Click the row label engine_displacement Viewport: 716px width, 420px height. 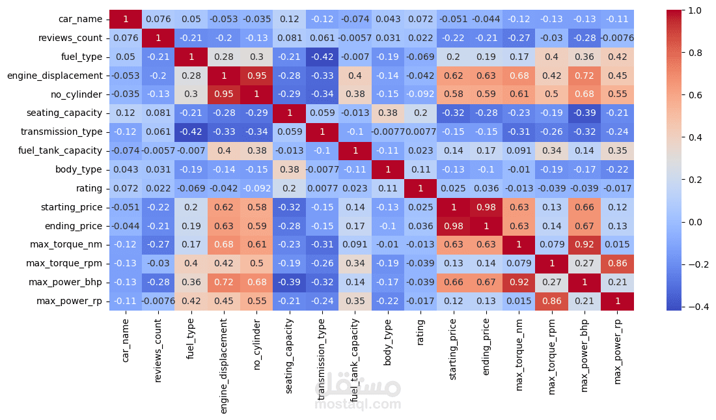55,76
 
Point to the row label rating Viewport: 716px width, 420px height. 89,189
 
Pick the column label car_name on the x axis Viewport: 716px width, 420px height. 126,338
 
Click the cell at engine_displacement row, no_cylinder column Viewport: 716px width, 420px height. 257,76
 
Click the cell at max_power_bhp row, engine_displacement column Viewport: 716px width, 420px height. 225,283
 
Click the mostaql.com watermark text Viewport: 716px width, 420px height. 357,404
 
